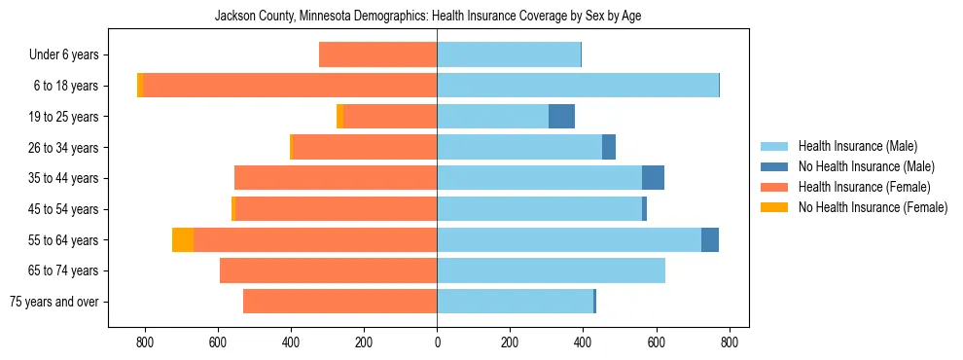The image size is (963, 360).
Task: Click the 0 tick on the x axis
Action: [x=437, y=342]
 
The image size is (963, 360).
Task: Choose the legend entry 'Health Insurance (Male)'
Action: [x=856, y=146]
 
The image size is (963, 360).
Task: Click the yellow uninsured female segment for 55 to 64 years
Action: [x=183, y=239]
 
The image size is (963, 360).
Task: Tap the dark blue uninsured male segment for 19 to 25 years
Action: [x=561, y=117]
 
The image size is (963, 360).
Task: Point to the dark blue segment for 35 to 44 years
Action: [x=653, y=178]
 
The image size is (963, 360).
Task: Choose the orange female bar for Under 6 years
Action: [x=377, y=55]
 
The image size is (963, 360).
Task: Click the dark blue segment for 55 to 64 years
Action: [x=710, y=239]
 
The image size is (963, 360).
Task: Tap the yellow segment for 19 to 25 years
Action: [x=339, y=117]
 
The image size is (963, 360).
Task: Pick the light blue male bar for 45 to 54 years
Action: [x=539, y=208]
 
